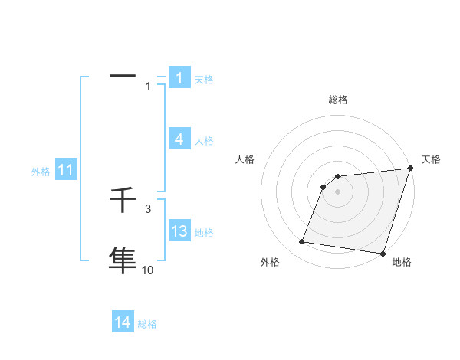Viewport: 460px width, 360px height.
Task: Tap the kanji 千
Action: pos(123,201)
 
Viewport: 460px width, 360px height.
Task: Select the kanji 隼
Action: pos(123,259)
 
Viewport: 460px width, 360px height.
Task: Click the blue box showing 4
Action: pos(179,139)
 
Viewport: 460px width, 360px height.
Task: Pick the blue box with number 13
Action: pos(179,231)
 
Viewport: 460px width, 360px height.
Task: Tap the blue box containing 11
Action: pos(65,170)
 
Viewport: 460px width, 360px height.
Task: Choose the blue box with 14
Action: pos(123,322)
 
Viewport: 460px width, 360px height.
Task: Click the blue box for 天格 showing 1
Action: pos(179,78)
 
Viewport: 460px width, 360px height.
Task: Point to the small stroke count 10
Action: pos(147,270)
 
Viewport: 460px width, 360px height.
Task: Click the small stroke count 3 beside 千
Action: pos(147,208)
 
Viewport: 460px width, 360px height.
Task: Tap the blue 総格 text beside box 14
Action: pos(147,324)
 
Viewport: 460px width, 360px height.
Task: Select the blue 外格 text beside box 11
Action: pos(41,172)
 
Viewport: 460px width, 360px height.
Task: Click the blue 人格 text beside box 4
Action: pos(204,141)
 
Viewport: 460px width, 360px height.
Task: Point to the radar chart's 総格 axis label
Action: pos(337,100)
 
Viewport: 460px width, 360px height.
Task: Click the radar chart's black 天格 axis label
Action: pos(431,159)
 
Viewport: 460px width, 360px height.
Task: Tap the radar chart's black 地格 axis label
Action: pos(402,263)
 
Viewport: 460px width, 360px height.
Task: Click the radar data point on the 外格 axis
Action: pos(302,242)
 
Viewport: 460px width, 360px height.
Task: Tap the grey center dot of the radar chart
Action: pos(337,191)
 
